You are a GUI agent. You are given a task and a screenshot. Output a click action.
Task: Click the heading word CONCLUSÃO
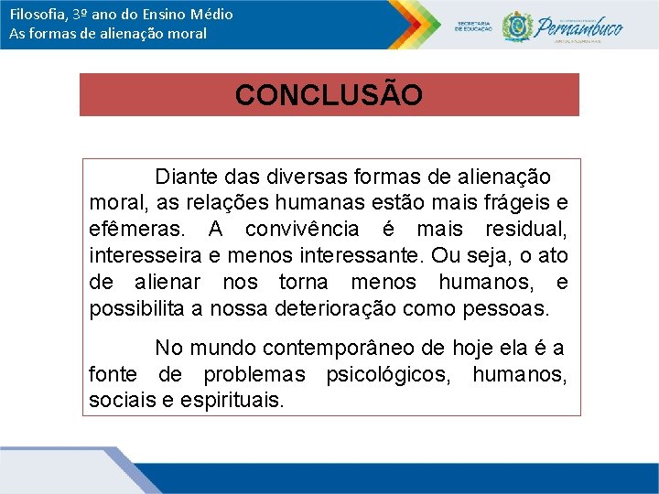coord(329,95)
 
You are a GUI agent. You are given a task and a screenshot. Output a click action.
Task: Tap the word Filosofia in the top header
coord(33,15)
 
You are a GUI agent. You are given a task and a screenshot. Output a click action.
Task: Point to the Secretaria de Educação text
coord(472,26)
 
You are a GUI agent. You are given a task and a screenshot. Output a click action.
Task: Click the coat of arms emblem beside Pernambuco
coord(517,26)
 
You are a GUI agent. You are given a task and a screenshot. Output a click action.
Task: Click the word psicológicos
coord(391,374)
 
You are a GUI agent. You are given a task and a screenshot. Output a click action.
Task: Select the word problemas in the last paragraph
coord(254,374)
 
